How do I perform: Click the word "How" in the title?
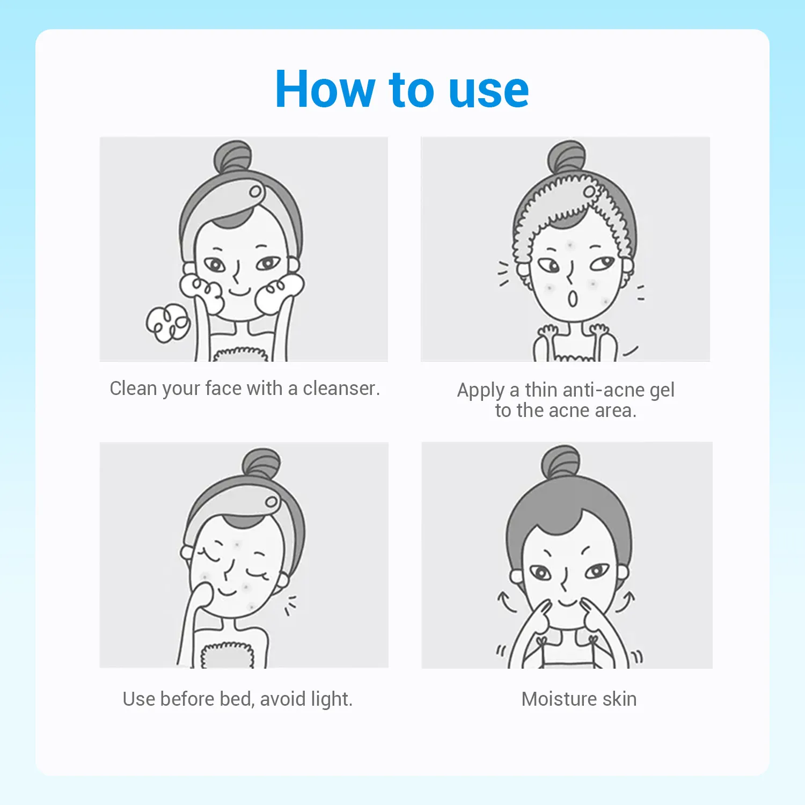(325, 89)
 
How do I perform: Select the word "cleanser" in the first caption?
(341, 388)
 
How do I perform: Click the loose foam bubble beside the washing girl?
(168, 323)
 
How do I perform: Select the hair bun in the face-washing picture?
(232, 157)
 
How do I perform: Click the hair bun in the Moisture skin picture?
(561, 462)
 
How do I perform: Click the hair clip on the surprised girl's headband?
(590, 192)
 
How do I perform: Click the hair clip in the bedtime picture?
(272, 502)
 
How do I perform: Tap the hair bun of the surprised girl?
(567, 157)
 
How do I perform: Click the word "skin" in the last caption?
(619, 699)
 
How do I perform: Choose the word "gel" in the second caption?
(662, 391)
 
